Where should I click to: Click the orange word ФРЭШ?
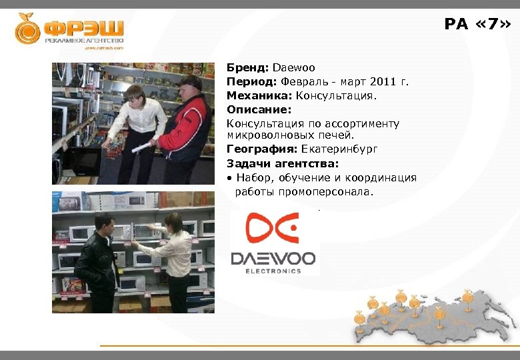click(x=84, y=28)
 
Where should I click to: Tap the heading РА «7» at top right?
click(x=477, y=25)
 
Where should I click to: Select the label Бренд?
click(x=247, y=68)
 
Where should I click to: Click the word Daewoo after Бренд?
click(x=293, y=68)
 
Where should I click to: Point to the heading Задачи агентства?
click(x=283, y=163)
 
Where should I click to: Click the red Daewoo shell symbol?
click(x=272, y=228)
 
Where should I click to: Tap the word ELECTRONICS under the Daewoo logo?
click(x=273, y=271)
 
